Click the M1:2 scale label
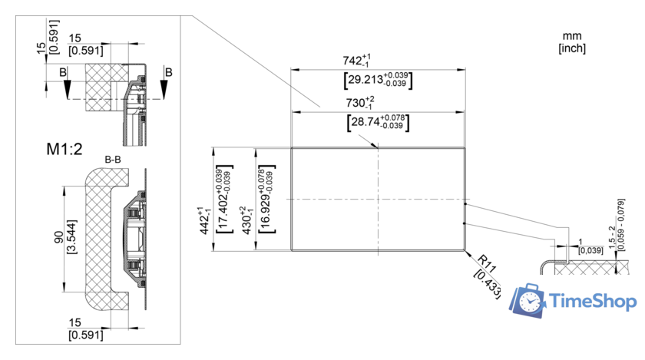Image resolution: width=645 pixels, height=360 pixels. [64, 149]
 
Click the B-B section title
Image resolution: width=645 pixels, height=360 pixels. [114, 159]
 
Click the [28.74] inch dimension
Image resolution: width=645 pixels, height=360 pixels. [377, 121]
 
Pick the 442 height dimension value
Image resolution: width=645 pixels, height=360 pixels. [203, 220]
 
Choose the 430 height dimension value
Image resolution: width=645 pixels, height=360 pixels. [245, 220]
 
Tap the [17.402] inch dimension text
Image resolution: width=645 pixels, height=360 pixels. [224, 198]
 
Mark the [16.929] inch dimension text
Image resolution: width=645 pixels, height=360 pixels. [267, 198]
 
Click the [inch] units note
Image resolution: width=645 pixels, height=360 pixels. [572, 48]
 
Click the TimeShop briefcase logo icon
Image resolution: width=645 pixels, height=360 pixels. [530, 300]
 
